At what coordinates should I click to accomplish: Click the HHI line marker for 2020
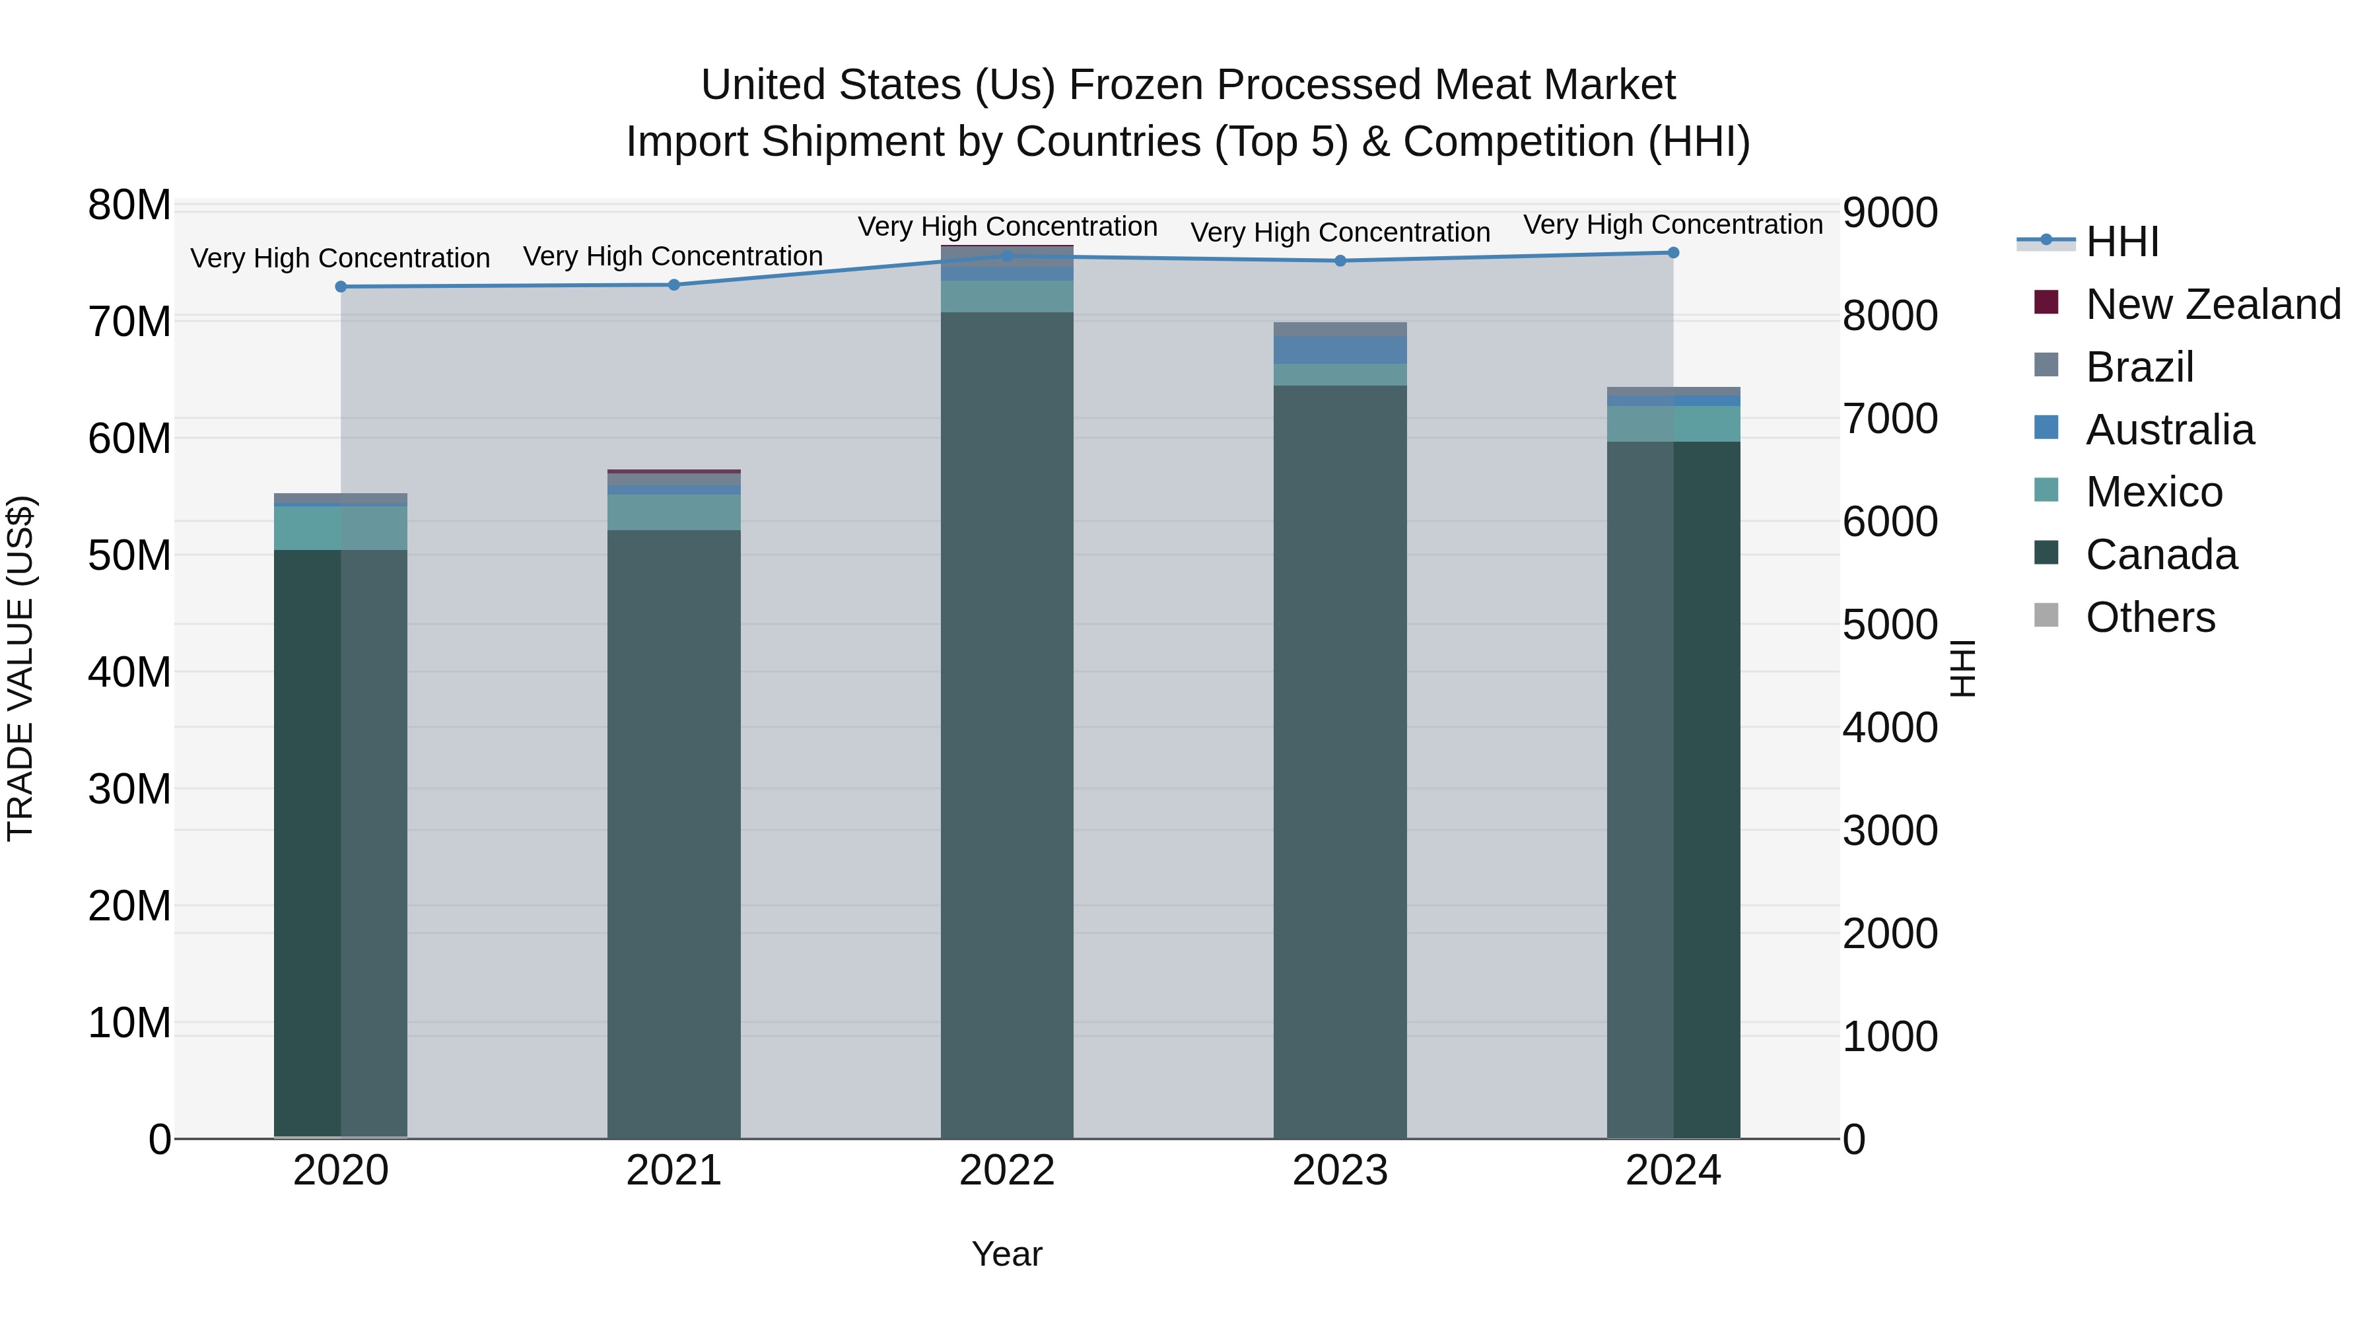[341, 287]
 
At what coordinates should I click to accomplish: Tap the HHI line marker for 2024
[1673, 253]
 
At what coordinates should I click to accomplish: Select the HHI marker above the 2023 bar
[1340, 261]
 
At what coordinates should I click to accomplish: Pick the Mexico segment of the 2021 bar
[673, 512]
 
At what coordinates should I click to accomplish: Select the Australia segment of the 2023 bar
[1340, 350]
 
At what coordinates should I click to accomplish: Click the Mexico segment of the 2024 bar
[1673, 423]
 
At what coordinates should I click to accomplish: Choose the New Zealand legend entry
[2213, 304]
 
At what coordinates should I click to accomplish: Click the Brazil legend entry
[2139, 367]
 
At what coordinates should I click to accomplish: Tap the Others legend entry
[2150, 617]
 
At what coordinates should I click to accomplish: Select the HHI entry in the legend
[2121, 242]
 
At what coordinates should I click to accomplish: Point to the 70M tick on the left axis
[129, 322]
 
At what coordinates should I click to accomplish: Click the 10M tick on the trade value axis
[129, 1023]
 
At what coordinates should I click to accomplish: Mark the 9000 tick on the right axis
[1890, 213]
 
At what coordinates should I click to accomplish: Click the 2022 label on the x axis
[1007, 1171]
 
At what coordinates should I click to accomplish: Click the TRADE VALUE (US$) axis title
[20, 668]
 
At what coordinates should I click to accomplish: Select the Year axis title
[1007, 1254]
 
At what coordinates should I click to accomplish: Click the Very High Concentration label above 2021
[673, 257]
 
